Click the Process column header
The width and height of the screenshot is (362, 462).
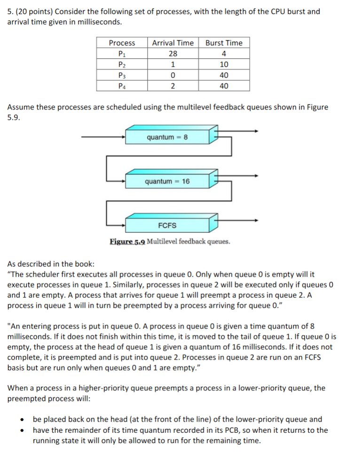coord(122,43)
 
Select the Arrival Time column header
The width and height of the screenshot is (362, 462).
coord(173,43)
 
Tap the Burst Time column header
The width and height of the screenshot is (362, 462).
coord(224,43)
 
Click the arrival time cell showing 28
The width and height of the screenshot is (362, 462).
coord(173,54)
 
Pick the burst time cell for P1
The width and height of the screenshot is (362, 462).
coord(224,54)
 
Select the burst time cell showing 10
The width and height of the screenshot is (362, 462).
coord(224,64)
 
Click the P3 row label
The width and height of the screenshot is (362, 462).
coord(122,75)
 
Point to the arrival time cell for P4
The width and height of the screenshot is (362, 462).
coord(173,86)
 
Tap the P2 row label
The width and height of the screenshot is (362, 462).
coord(122,64)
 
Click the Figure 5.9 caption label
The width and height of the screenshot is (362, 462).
coord(127,242)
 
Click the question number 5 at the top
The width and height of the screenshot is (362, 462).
coord(10,11)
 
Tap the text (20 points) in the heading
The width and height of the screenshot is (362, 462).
coord(33,11)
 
